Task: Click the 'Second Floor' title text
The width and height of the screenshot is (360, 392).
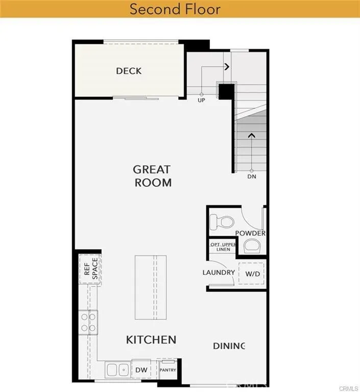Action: (175, 9)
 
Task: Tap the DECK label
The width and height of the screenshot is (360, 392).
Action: (129, 71)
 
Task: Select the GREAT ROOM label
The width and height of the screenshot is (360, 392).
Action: (152, 176)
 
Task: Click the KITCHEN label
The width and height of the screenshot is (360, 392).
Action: (151, 339)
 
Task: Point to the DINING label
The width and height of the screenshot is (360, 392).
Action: (229, 346)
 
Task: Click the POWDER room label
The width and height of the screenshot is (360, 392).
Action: (250, 233)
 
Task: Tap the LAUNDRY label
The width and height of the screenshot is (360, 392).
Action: (219, 273)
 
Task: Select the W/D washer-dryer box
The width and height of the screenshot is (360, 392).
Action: (253, 274)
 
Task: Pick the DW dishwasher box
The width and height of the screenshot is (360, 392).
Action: (141, 369)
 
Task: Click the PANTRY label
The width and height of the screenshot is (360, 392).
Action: (167, 370)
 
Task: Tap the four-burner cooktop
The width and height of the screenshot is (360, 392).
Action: (88, 322)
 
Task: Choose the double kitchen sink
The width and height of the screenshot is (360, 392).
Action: (117, 369)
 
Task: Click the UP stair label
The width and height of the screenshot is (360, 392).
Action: (201, 101)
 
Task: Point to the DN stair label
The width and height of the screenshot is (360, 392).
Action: (251, 177)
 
